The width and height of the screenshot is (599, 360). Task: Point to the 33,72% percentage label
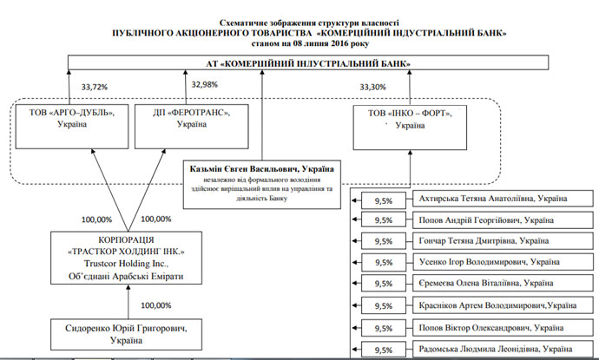click(95, 87)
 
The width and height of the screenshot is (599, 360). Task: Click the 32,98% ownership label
click(205, 84)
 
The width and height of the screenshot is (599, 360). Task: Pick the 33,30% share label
click(372, 87)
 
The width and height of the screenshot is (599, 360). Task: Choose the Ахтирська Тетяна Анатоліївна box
click(492, 200)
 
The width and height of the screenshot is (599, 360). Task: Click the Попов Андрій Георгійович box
click(492, 220)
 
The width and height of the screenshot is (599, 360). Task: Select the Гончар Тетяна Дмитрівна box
click(492, 241)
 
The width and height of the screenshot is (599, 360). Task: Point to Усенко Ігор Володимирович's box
click(492, 262)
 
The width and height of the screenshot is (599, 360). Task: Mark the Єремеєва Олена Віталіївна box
click(492, 284)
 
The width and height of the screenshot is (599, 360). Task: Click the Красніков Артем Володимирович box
click(492, 306)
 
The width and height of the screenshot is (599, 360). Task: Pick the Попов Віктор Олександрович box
click(492, 329)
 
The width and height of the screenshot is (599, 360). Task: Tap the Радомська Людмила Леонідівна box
click(492, 350)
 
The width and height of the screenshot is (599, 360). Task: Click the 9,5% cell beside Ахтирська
click(383, 200)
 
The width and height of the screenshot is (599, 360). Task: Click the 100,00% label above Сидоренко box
click(155, 305)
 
